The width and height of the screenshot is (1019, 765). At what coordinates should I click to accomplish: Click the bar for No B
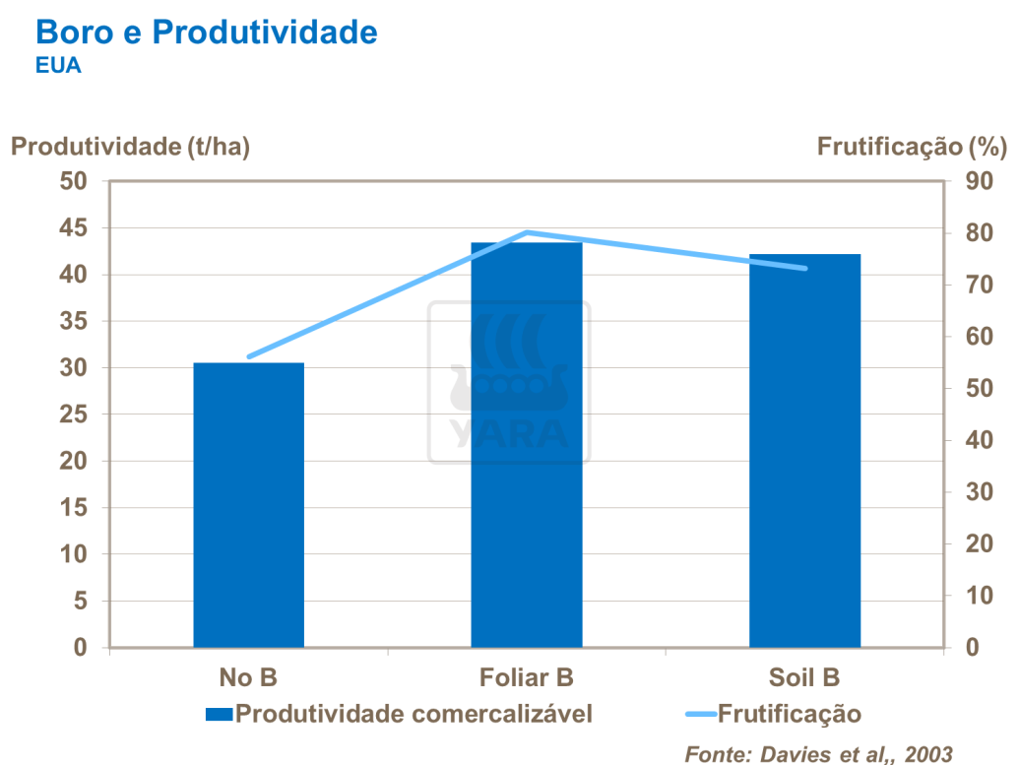point(248,504)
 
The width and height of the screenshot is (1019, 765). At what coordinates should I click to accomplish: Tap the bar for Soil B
point(804,450)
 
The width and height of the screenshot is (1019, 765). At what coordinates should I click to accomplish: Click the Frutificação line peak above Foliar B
point(528,232)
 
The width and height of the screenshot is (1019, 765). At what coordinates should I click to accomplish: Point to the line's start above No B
point(249,356)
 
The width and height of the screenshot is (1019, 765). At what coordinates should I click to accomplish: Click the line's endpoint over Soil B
point(804,268)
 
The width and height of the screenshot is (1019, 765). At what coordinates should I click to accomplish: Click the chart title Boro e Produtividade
point(206,32)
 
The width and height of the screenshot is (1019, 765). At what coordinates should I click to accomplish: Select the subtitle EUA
point(57,67)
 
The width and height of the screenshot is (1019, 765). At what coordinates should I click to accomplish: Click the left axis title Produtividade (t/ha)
point(130,147)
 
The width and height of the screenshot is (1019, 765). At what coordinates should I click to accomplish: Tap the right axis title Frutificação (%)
point(912,147)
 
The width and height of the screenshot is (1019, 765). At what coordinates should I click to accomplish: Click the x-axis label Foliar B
point(527,677)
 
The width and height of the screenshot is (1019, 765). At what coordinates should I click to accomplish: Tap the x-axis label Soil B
point(804,677)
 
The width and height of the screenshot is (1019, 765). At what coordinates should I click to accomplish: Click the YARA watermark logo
point(509,382)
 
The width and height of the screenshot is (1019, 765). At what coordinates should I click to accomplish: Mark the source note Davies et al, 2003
point(819,753)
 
